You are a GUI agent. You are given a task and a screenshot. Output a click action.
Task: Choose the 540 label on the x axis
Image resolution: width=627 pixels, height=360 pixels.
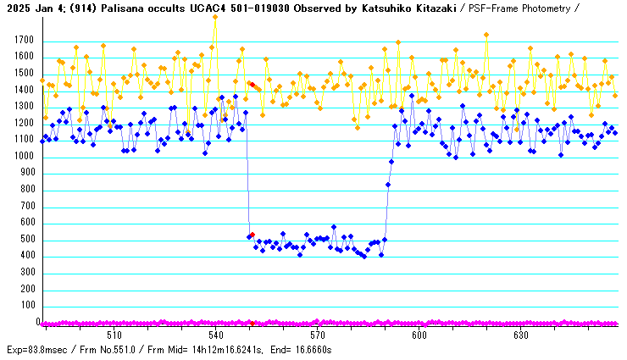(215, 335)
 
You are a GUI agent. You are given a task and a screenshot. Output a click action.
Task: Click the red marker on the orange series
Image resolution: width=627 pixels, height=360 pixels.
(252, 84)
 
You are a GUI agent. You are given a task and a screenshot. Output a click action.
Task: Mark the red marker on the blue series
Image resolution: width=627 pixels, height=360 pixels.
(252, 235)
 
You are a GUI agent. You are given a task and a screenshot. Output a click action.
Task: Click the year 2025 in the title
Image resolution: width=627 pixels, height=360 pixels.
(18, 8)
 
